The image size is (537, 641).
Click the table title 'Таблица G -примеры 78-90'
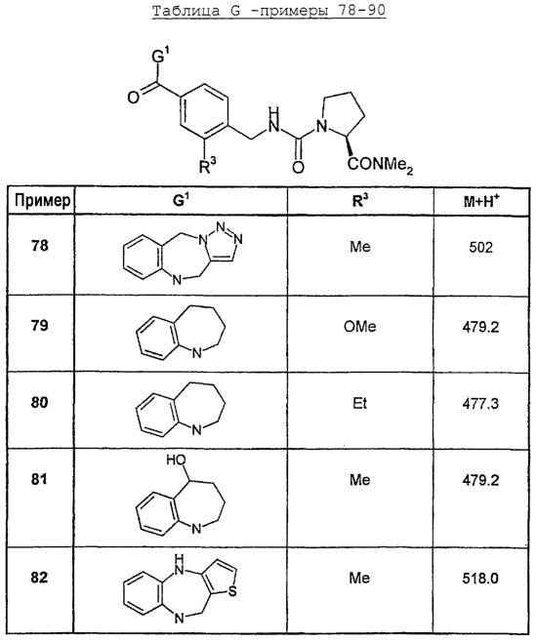268,10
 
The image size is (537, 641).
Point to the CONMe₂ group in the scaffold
381,165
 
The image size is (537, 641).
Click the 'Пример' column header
42,200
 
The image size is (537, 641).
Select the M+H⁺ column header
481,201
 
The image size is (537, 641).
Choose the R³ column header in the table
360,200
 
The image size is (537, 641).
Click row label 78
40,246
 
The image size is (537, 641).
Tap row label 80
40,402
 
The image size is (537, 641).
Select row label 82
40,578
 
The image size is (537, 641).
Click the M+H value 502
481,247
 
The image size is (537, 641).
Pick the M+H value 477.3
480,404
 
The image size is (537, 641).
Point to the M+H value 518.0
480,579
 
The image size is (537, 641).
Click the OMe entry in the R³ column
360,327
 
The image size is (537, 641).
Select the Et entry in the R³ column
360,404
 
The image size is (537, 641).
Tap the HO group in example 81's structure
177,460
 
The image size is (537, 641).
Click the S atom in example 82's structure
232,591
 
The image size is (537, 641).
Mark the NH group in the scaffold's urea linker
274,120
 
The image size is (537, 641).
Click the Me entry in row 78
360,247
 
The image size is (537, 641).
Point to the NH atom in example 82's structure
179,565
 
